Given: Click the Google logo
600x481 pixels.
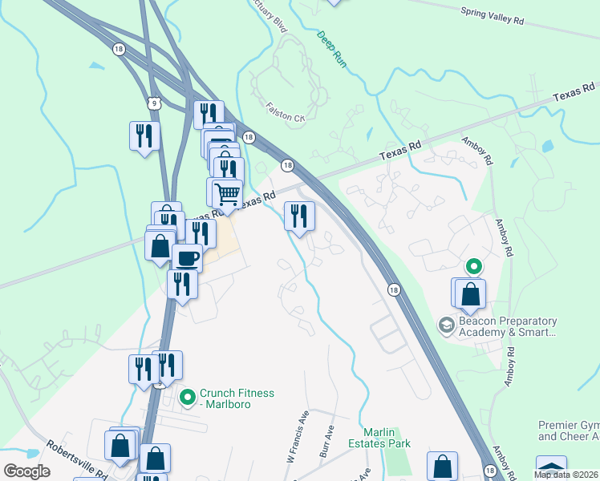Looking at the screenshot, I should [x=26, y=471].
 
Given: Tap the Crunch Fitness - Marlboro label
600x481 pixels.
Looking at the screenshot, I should [x=237, y=398].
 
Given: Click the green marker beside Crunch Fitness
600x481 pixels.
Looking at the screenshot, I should [x=188, y=396].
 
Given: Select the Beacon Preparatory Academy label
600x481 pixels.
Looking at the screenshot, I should [x=507, y=326].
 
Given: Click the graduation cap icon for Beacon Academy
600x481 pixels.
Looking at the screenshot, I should [x=446, y=325].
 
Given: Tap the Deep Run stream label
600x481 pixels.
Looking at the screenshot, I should [x=330, y=48].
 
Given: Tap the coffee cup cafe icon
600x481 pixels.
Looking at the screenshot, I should [x=187, y=258].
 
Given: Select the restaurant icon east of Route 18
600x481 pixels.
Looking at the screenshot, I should [x=300, y=216].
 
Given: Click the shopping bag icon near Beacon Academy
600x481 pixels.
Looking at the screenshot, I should [x=470, y=293].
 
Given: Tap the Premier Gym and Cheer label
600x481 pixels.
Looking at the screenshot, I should [x=569, y=430].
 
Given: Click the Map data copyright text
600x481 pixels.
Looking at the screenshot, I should [x=566, y=475].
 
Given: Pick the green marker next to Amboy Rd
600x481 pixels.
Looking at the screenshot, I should [x=474, y=265].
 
